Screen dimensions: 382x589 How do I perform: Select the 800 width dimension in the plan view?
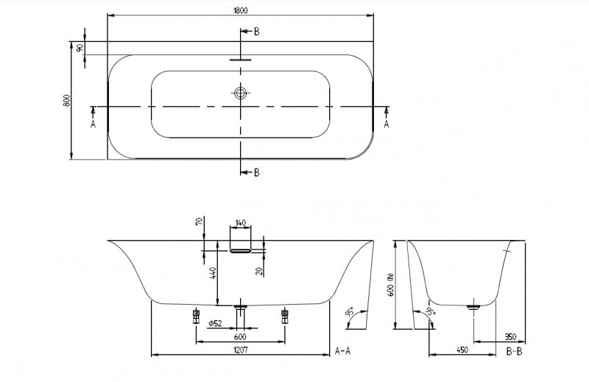point(66,101)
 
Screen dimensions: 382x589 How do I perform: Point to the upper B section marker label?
point(256,32)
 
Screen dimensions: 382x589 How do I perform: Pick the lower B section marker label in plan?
point(256,173)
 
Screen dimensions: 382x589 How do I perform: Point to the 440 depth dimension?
point(214,277)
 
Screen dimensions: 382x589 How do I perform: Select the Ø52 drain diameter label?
point(216,324)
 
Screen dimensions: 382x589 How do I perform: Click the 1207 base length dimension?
point(241,350)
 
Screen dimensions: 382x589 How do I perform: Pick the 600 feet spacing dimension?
point(241,337)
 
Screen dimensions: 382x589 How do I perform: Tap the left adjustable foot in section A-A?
point(197,316)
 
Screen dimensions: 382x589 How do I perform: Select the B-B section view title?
point(515,351)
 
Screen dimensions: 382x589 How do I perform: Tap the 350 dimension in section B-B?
point(509,337)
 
